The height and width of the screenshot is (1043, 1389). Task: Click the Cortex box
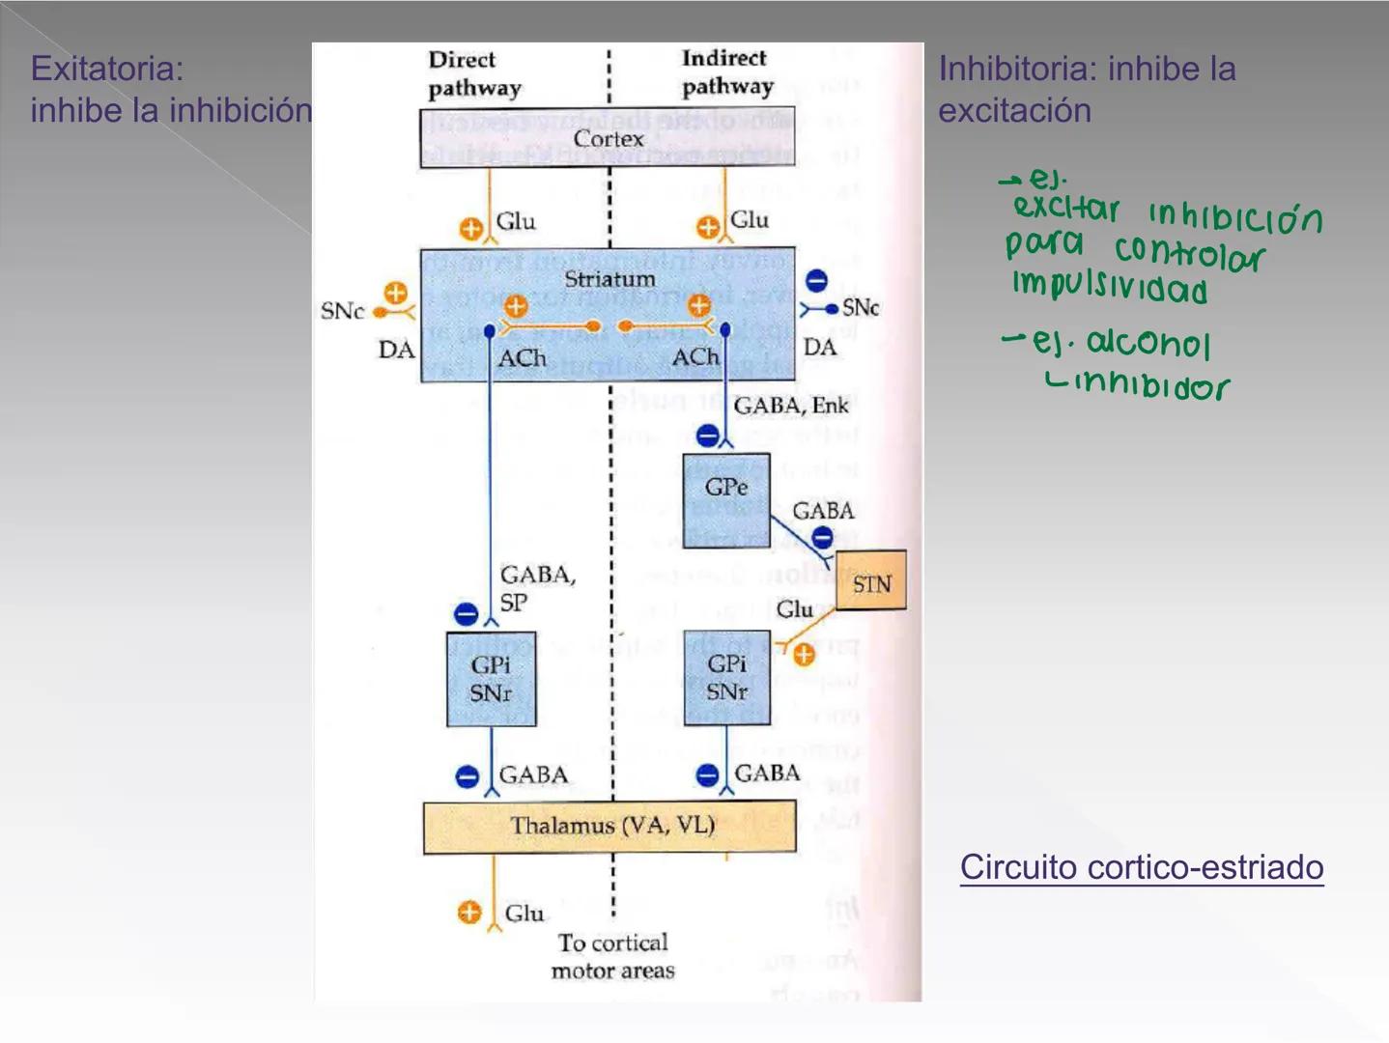click(x=608, y=138)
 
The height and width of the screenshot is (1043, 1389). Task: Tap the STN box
click(x=870, y=580)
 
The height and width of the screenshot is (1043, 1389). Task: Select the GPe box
click(x=726, y=499)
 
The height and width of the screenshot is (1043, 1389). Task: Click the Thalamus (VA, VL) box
click(x=610, y=827)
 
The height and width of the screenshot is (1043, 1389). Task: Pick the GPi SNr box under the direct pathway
click(x=491, y=679)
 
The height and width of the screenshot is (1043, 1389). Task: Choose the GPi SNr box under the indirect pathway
click(x=726, y=678)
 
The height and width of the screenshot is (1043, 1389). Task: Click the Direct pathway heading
click(x=473, y=73)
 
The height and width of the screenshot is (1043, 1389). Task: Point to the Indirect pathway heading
click(x=726, y=72)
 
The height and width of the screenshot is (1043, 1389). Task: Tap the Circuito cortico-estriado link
click(x=1141, y=867)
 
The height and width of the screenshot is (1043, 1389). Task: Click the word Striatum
click(x=609, y=279)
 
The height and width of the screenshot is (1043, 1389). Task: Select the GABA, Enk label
click(x=790, y=406)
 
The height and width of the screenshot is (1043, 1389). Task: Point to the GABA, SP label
click(x=536, y=588)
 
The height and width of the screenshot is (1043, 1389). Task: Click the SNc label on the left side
click(x=342, y=311)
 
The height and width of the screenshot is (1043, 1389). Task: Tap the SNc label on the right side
click(x=860, y=307)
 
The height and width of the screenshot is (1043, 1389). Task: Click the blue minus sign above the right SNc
click(x=816, y=281)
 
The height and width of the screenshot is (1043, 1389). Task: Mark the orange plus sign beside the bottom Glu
click(x=469, y=913)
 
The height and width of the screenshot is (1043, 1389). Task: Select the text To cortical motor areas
click(x=612, y=956)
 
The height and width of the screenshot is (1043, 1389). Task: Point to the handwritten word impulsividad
click(x=1109, y=288)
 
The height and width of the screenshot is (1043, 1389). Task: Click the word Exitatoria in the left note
click(x=106, y=69)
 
